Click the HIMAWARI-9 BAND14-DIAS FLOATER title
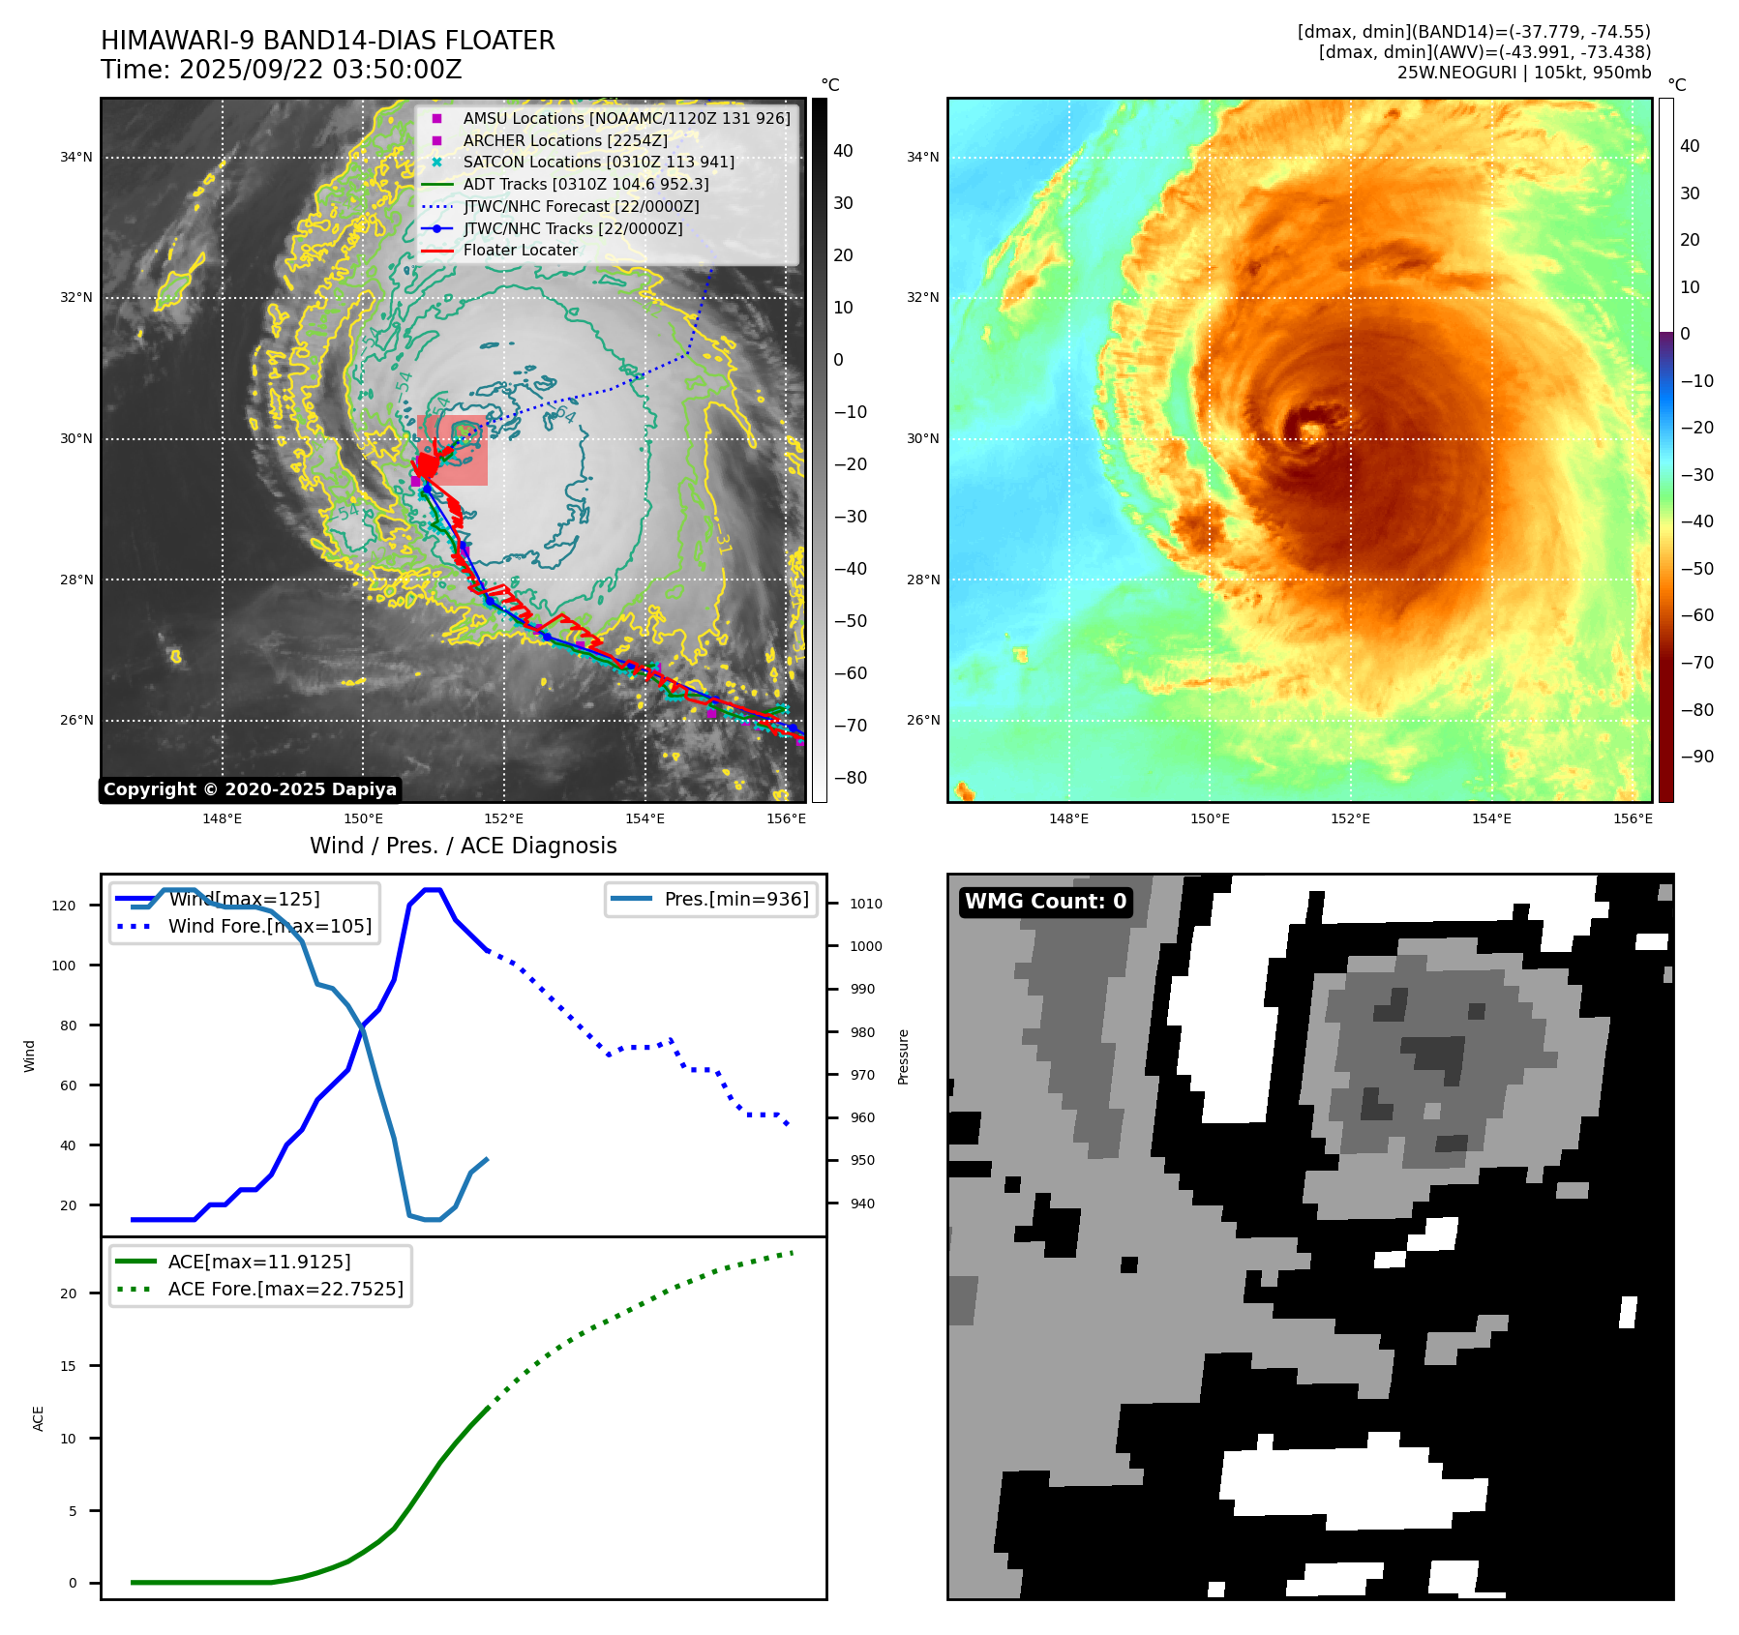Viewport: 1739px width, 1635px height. point(327,41)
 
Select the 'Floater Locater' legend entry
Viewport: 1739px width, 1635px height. point(520,250)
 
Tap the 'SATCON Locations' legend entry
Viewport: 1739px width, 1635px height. point(598,162)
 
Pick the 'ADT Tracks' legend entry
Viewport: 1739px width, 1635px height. point(585,184)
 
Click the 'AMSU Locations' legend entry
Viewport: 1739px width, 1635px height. point(626,118)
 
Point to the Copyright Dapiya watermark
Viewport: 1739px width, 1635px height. point(250,789)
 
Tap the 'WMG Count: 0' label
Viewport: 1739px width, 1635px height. point(1045,902)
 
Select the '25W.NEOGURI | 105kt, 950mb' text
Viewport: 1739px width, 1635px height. point(1523,73)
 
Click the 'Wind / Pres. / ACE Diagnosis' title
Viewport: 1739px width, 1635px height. point(463,846)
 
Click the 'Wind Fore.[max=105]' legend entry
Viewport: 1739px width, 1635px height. point(269,926)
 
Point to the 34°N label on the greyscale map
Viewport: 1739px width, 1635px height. point(76,157)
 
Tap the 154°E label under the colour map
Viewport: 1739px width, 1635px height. point(1491,818)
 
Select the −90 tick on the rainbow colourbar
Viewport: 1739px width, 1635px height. point(1696,757)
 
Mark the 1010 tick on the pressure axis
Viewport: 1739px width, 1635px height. point(866,904)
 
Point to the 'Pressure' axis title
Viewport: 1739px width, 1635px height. point(903,1056)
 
